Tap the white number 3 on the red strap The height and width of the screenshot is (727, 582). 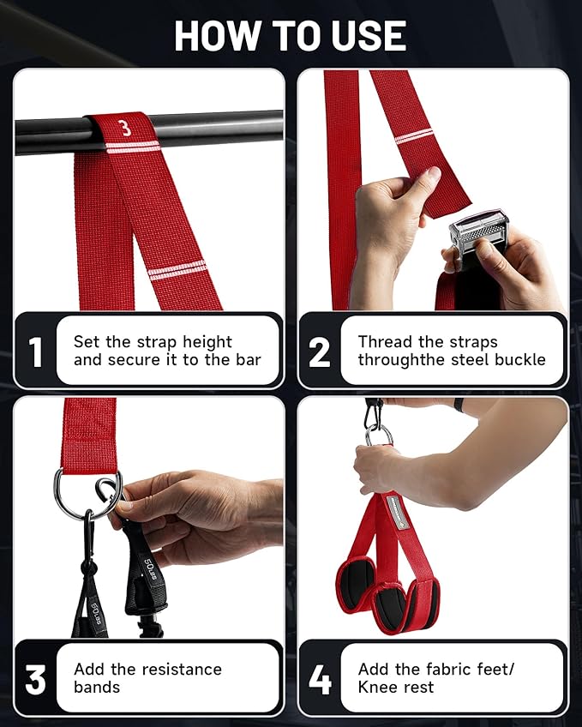[125, 129]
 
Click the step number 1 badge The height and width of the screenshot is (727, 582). [35, 351]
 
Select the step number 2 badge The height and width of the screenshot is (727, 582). [320, 351]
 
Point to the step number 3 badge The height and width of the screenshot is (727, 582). [35, 678]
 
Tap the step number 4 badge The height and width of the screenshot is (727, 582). [320, 678]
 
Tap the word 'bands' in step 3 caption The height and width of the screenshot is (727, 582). [98, 687]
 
